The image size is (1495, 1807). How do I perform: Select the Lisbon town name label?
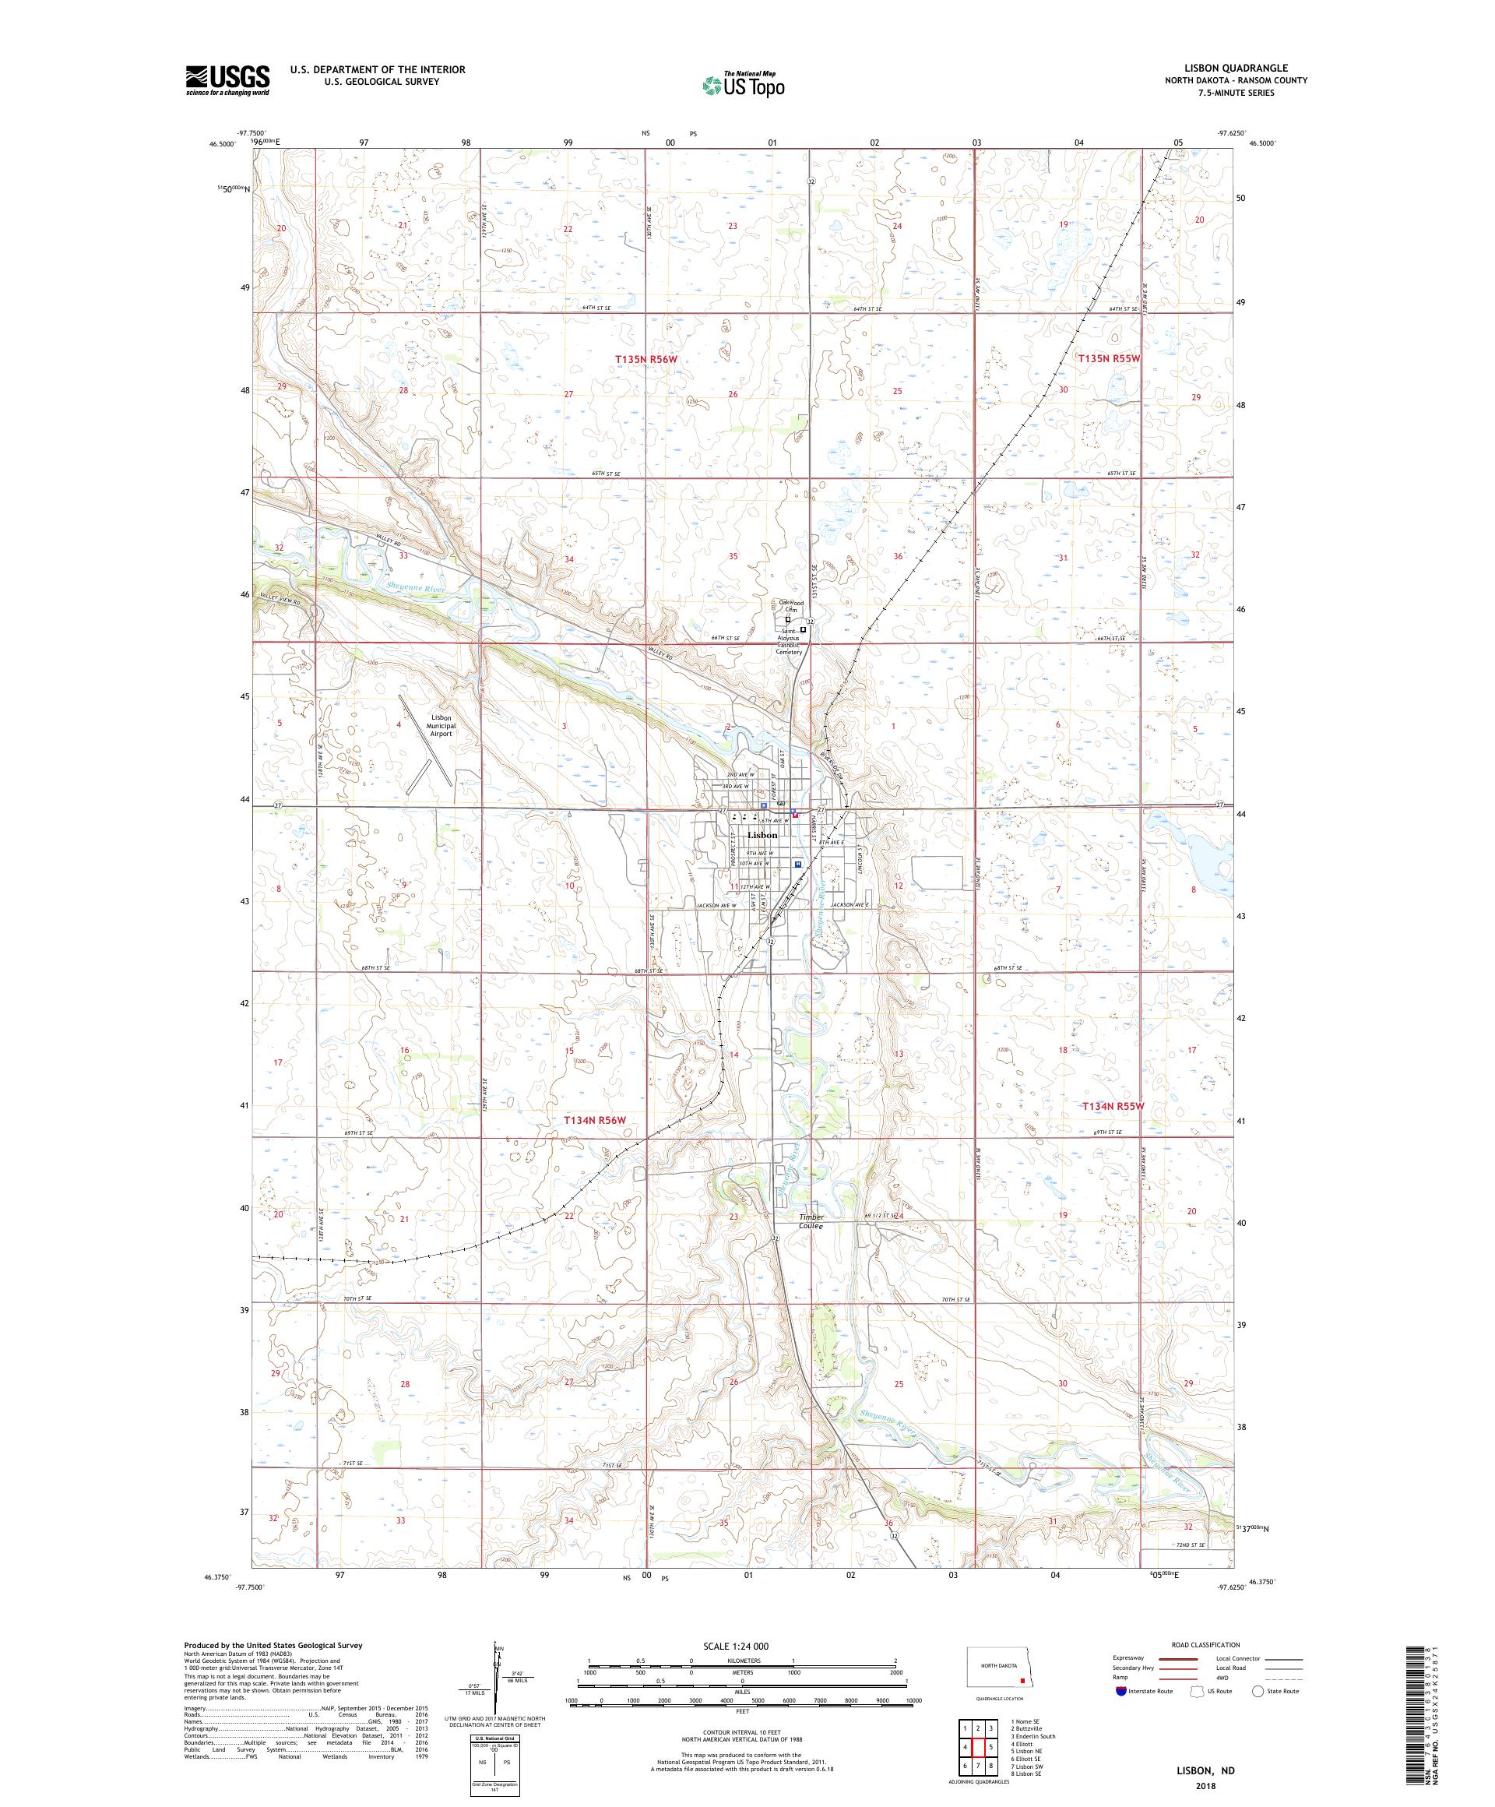(762, 835)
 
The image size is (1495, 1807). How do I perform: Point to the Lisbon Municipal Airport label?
(441, 724)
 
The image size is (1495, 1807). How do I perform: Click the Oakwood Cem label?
(790, 606)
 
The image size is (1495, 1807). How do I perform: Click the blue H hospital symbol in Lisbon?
(797, 863)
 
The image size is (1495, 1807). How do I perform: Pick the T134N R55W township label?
(1111, 1107)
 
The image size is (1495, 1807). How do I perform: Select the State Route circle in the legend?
(1258, 1691)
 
